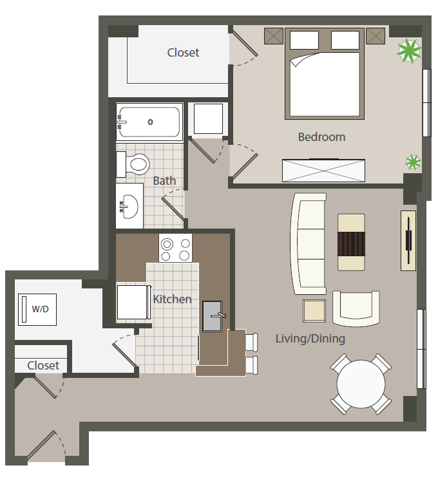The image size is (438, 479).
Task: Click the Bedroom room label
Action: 321,137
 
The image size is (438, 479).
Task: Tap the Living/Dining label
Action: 310,339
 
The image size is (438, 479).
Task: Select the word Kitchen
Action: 172,299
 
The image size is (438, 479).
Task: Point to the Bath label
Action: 164,180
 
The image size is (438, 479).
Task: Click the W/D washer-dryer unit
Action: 37,310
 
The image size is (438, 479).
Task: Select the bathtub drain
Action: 150,122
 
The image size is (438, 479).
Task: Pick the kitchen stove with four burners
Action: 175,248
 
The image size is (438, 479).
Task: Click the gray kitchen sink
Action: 213,316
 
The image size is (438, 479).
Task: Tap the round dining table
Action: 361,384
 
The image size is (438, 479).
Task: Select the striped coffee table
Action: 351,242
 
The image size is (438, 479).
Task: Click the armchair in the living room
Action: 356,308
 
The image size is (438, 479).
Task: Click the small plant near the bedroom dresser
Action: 413,162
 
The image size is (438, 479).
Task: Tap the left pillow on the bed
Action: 304,40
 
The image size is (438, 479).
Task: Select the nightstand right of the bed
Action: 376,36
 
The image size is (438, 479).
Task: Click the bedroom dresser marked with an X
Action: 324,171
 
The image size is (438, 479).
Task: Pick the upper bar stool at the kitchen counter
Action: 252,342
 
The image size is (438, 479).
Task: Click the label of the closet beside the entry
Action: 43,365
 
